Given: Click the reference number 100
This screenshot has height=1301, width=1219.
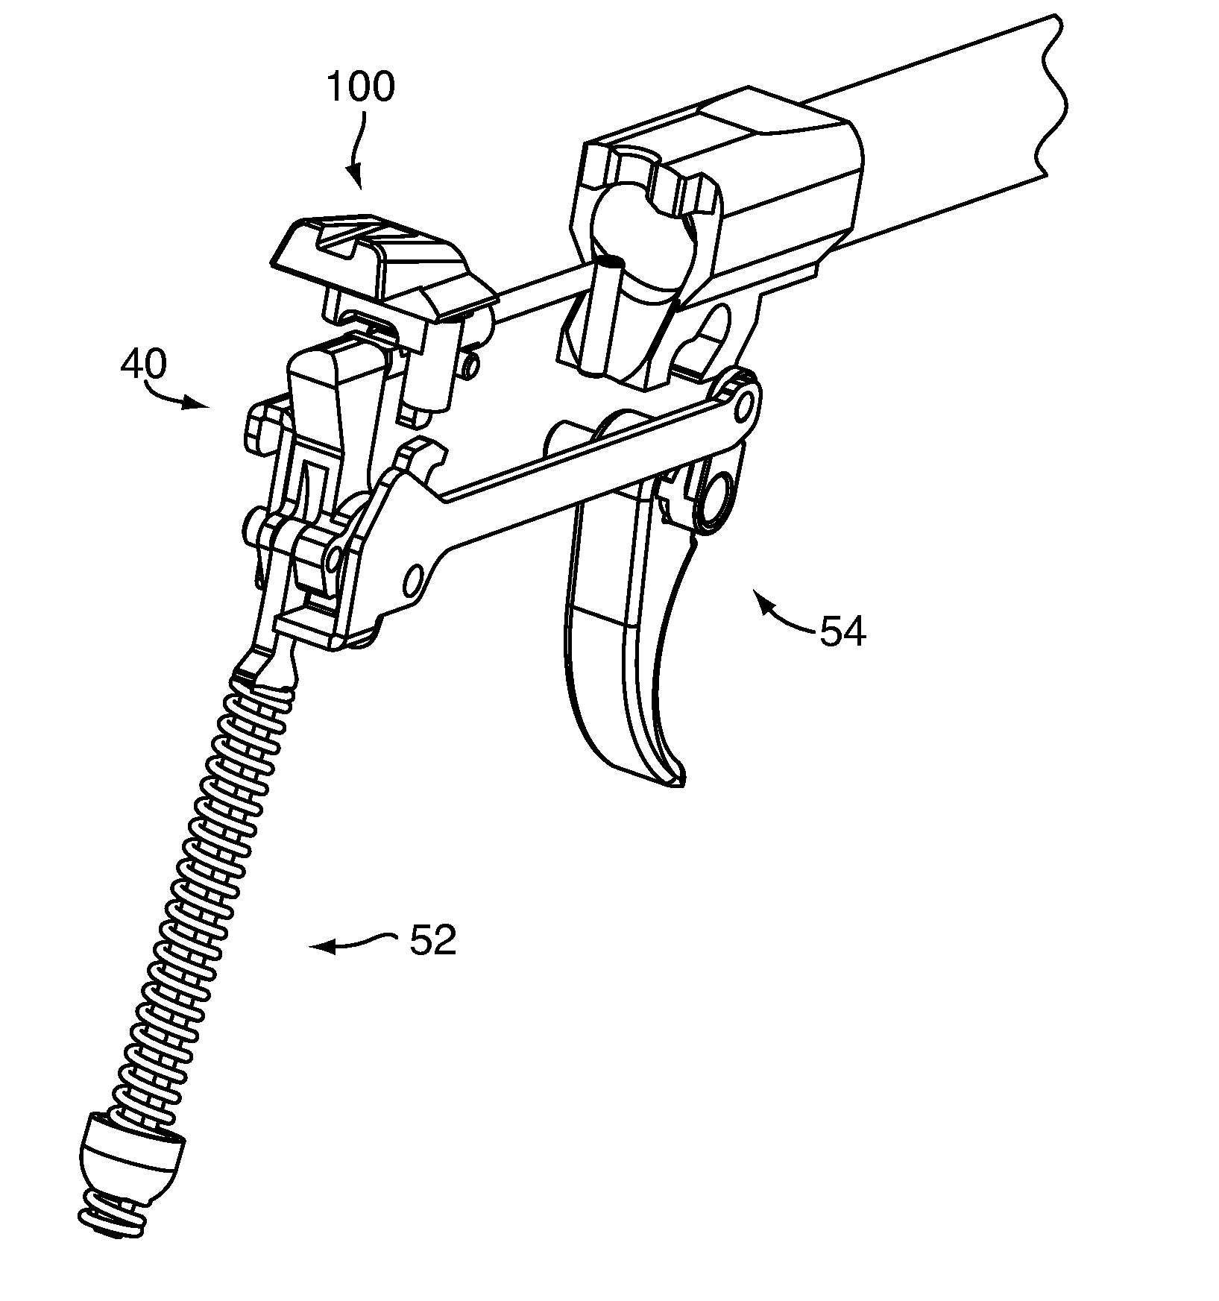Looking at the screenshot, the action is point(361,87).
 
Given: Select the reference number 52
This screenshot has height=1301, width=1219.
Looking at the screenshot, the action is point(432,941).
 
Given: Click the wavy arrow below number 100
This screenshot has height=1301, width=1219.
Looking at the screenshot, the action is point(358,149).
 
